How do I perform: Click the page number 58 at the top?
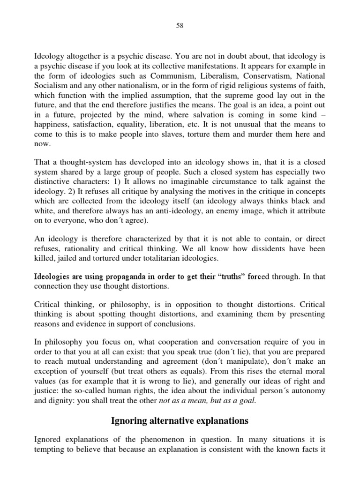pyautogui.click(x=180, y=26)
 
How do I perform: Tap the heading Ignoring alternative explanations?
pyautogui.click(x=180, y=421)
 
